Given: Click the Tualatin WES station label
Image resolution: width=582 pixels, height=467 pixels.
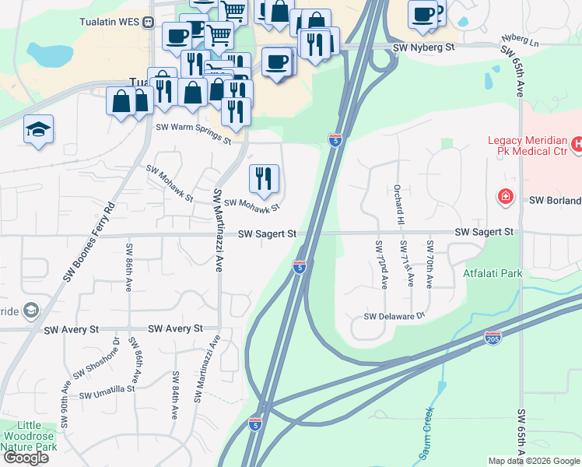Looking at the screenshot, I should [x=110, y=21].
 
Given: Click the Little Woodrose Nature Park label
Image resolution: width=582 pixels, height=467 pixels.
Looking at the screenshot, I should [x=29, y=436].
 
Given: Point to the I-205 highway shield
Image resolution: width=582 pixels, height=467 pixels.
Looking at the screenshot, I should [x=492, y=337].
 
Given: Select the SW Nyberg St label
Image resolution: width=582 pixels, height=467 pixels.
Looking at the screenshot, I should [x=423, y=47].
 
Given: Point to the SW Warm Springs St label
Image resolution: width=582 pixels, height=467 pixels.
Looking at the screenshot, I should [x=194, y=133].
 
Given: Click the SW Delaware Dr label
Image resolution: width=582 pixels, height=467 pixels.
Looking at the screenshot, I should [x=395, y=316].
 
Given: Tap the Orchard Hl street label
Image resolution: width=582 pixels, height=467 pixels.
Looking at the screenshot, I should [x=399, y=204].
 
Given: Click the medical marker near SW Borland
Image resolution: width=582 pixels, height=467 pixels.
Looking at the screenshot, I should [x=506, y=196].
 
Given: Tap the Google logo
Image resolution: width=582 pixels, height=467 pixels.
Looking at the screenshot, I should [x=26, y=458].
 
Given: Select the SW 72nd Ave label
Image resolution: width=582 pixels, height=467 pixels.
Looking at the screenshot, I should [x=380, y=264].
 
